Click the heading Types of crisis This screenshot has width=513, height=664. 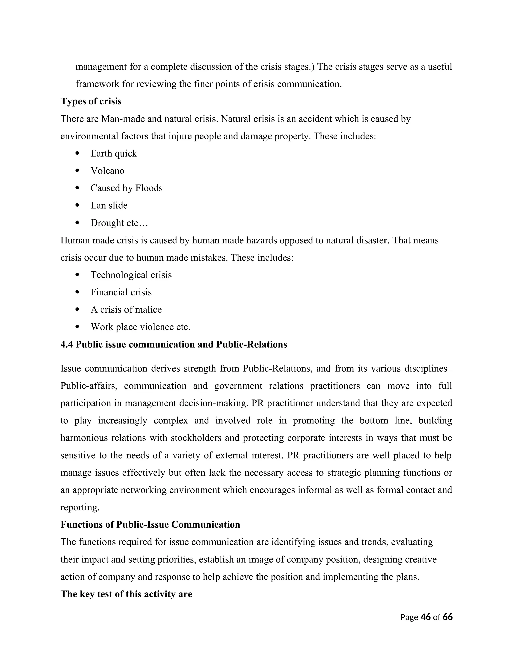point(91,101)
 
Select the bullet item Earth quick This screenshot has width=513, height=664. point(114,153)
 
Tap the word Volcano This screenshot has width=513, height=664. point(107,171)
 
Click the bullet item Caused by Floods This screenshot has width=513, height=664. point(126,188)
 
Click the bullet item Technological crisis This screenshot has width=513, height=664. point(131,275)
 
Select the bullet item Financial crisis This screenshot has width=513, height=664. point(121,292)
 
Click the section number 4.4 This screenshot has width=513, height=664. point(67,344)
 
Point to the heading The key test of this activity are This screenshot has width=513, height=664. point(126,594)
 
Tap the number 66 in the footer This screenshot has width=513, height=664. point(447,617)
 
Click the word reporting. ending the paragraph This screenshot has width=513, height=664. point(80,507)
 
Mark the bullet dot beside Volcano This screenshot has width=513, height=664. point(77,171)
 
